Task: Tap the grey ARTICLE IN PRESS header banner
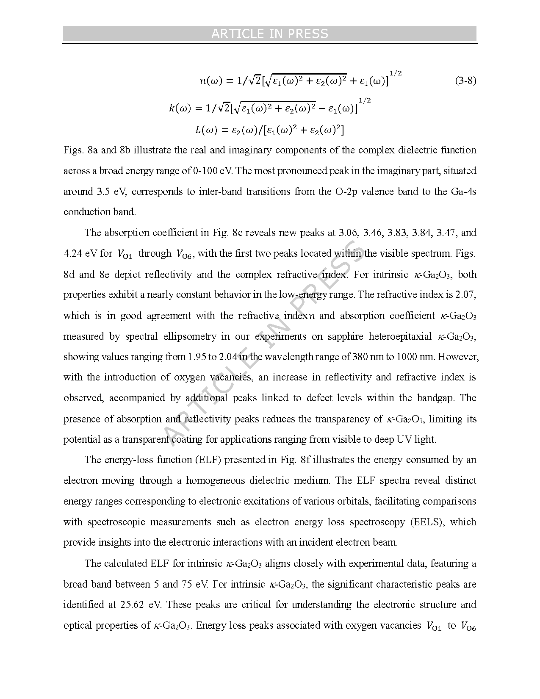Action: tap(270, 34)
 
